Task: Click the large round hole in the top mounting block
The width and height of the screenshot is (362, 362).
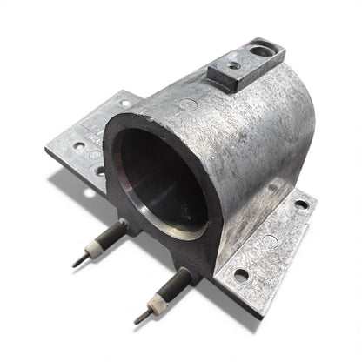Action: tap(262, 51)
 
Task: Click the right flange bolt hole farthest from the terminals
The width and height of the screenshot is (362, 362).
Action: tap(301, 204)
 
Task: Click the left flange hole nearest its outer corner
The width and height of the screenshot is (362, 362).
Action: tap(77, 149)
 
